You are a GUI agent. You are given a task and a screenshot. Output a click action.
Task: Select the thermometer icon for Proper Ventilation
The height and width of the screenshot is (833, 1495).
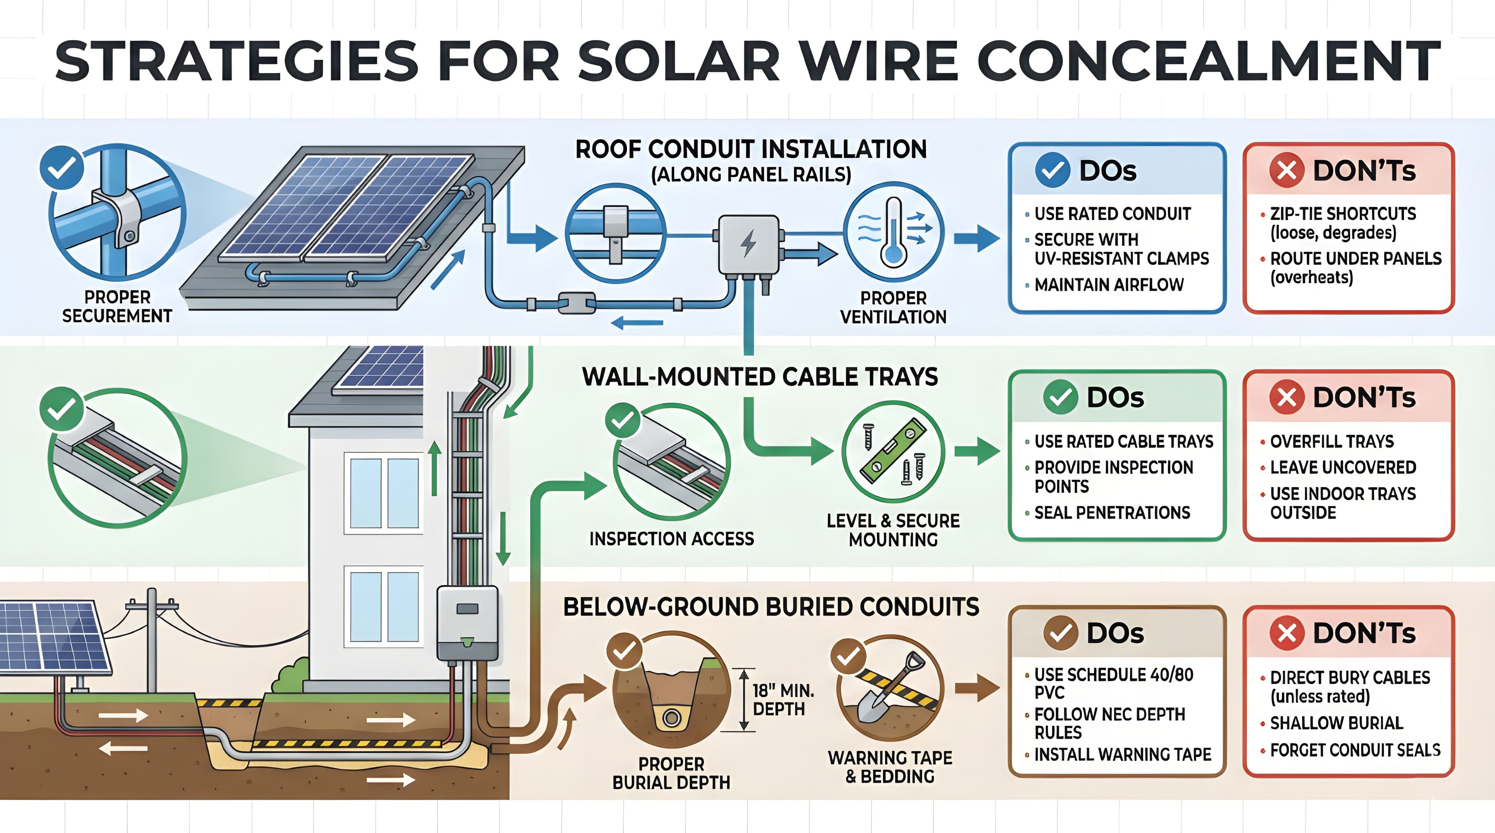click(x=893, y=232)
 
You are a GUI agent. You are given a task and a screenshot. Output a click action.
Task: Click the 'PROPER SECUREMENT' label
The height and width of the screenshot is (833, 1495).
click(x=117, y=306)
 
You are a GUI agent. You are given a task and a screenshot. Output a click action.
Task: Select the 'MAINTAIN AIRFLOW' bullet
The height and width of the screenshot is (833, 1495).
click(x=1108, y=285)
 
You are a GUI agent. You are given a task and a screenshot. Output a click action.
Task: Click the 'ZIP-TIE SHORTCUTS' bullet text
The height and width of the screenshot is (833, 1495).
click(x=1342, y=214)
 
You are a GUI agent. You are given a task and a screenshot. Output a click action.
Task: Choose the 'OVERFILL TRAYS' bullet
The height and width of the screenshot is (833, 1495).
click(x=1331, y=441)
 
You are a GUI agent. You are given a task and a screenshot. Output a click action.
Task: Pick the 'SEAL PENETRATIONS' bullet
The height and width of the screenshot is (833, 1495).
click(x=1112, y=513)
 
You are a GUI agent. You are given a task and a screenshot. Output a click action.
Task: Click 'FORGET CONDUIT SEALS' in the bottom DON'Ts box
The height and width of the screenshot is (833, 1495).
click(x=1354, y=751)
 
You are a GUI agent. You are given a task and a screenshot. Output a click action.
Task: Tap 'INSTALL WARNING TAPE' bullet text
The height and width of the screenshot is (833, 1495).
click(x=1122, y=755)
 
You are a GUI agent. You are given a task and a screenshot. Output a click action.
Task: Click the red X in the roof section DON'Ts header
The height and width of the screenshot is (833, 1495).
click(x=1287, y=171)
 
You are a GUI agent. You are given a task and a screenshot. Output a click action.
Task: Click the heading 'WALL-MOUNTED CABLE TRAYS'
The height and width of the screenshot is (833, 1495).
click(x=760, y=377)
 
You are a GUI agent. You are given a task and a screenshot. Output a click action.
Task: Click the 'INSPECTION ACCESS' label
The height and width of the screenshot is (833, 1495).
click(x=672, y=539)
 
